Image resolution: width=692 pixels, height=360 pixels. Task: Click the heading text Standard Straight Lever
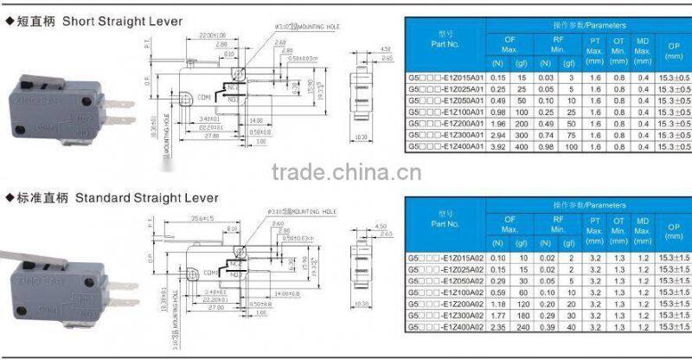click(122, 198)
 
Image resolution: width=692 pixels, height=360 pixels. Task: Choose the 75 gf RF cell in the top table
click(570, 136)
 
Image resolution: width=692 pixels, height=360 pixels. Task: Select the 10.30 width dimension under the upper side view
click(362, 137)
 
